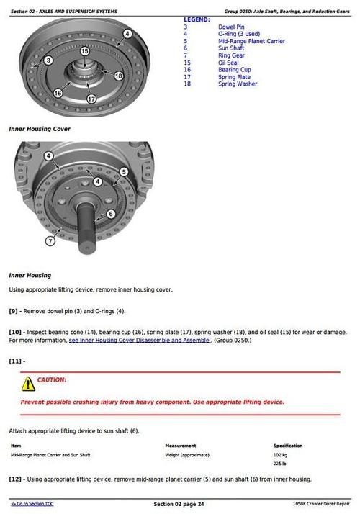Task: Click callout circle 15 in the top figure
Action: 84,51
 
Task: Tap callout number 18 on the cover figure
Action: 118,76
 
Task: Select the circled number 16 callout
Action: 58,92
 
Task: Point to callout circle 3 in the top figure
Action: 48,60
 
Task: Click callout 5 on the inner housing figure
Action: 124,172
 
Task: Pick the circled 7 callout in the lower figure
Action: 50,240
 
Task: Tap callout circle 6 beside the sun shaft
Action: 111,214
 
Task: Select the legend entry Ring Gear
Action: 232,55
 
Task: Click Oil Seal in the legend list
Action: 230,63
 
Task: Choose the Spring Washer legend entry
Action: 237,84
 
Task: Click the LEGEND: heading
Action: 197,19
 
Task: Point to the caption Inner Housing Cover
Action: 39,129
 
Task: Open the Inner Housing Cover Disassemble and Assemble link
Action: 139,340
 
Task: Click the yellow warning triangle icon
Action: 27,383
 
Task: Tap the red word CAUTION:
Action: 52,379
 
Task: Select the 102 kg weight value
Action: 280,455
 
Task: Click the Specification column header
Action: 288,446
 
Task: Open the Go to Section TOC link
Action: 32,504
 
